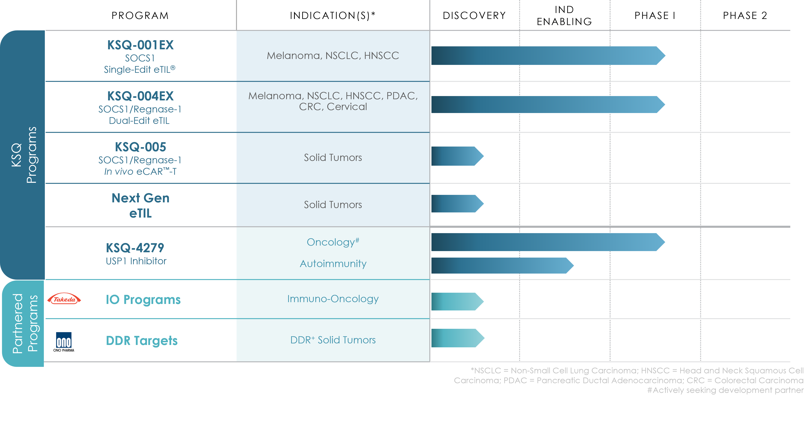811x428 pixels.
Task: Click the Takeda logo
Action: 64,299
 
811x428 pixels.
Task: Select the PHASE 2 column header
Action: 745,15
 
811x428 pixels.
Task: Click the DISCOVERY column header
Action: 474,15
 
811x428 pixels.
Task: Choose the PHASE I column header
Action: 655,15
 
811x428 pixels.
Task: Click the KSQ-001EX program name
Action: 140,45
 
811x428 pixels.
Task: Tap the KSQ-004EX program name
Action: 140,96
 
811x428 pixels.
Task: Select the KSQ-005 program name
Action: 140,147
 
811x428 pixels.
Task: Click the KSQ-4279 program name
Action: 135,248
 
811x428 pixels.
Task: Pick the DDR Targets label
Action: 142,341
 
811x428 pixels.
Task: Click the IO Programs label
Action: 143,299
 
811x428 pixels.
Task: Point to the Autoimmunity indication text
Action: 333,264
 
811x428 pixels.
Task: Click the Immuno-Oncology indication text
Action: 333,299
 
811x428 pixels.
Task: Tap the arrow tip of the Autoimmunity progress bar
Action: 574,265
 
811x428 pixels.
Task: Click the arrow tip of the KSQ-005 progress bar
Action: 484,156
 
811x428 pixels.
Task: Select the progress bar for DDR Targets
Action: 458,338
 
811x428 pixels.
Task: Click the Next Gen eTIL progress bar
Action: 458,204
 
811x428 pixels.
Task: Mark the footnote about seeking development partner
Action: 725,390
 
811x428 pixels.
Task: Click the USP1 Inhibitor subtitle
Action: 136,261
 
